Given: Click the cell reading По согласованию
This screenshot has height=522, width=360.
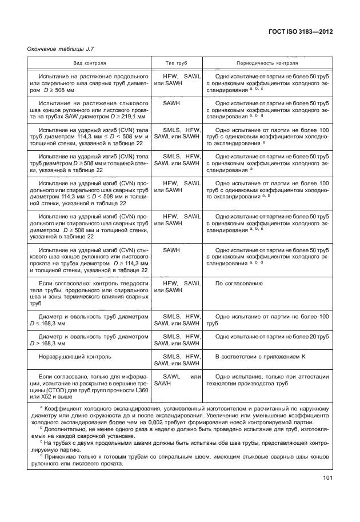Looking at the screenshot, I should point(238,284).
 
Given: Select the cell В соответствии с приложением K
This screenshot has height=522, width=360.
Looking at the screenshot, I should point(260,357).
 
